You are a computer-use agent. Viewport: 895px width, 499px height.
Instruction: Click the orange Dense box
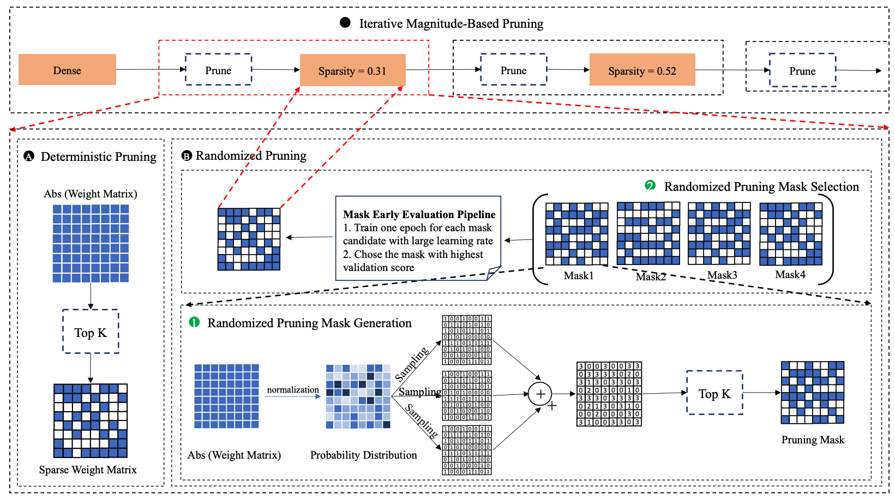click(x=67, y=70)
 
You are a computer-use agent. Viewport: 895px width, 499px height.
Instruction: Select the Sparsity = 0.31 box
click(x=352, y=70)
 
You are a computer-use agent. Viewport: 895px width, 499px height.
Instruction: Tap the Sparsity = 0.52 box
click(x=642, y=70)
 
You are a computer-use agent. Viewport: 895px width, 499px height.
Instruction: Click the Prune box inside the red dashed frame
click(x=218, y=70)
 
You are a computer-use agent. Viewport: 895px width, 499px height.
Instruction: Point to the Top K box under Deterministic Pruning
click(x=91, y=332)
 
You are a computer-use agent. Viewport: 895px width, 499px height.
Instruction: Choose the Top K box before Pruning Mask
click(x=714, y=393)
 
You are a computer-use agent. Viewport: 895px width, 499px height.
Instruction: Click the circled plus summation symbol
click(x=540, y=394)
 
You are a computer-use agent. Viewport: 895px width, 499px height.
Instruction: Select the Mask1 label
click(x=578, y=276)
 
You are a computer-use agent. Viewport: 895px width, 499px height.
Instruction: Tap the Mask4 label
click(x=790, y=275)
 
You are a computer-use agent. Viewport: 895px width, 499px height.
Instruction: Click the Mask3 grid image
click(x=719, y=233)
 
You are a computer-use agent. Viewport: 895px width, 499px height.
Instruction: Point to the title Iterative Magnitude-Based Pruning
click(x=451, y=24)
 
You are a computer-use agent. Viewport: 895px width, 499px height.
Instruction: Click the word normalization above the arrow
click(x=293, y=389)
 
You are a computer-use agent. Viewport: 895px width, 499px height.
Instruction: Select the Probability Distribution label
click(x=363, y=455)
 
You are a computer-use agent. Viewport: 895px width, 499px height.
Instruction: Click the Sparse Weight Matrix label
click(x=88, y=470)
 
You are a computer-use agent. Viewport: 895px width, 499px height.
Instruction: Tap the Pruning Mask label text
click(x=812, y=440)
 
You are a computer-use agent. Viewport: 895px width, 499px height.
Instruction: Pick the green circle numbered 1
click(x=194, y=322)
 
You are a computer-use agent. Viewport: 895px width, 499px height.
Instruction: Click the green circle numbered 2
click(x=650, y=185)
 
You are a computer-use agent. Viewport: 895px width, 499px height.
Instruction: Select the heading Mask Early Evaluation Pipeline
click(x=419, y=214)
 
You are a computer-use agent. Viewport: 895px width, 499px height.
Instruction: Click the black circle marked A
click(x=29, y=157)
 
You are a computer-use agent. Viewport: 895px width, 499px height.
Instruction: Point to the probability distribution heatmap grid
click(x=358, y=396)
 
